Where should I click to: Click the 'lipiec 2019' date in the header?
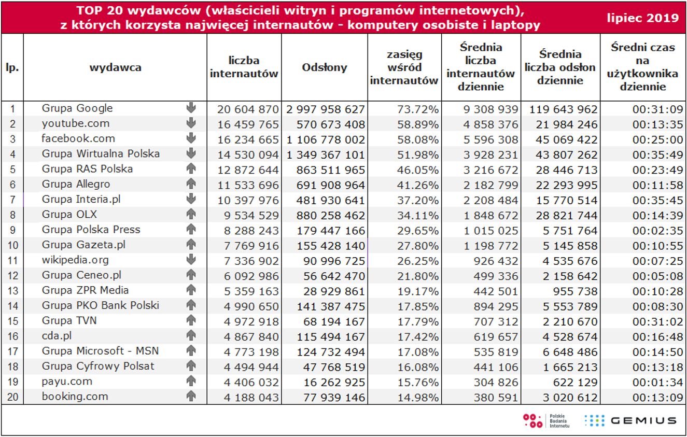point(643,18)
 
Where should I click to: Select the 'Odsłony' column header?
point(325,67)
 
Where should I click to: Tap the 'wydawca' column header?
point(115,67)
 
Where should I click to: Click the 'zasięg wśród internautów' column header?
point(404,67)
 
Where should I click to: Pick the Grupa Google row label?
point(77,108)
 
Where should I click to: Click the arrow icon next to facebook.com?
point(191,138)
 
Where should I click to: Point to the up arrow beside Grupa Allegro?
point(191,184)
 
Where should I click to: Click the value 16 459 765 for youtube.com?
point(248,124)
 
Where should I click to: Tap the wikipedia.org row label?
point(75,260)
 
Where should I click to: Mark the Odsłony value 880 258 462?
point(331,215)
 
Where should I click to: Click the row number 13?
point(12,291)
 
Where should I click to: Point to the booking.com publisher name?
point(75,397)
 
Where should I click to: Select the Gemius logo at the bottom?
point(630,420)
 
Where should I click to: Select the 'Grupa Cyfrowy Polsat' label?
point(98,366)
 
